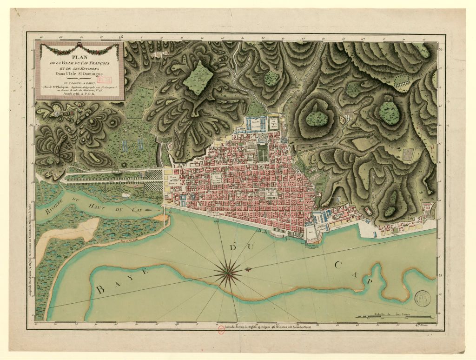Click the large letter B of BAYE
100,290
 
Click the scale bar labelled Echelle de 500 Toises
396,317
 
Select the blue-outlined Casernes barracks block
255,124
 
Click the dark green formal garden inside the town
263,154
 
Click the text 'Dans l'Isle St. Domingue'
82,73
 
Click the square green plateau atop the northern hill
197,78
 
